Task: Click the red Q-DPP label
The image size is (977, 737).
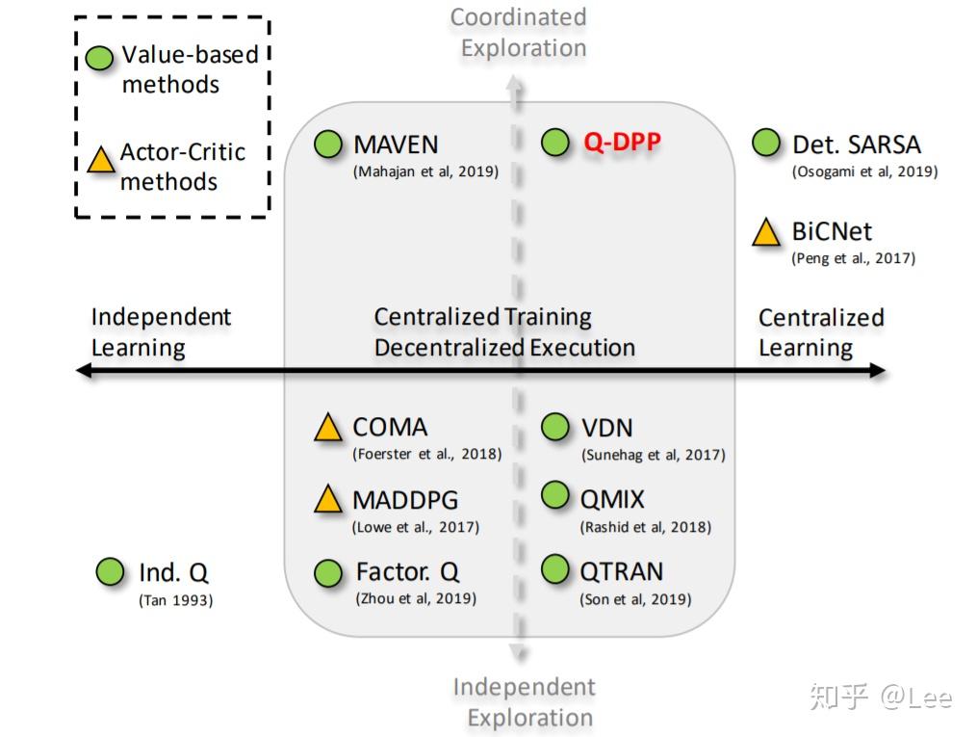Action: pyautogui.click(x=622, y=144)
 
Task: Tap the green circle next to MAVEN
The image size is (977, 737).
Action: pyautogui.click(x=328, y=145)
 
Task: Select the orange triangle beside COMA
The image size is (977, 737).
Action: pyautogui.click(x=328, y=428)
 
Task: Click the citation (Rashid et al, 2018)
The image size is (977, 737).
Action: pyautogui.click(x=645, y=527)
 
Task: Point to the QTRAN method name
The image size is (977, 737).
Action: pyautogui.click(x=621, y=571)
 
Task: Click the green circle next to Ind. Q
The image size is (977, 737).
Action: pyautogui.click(x=111, y=572)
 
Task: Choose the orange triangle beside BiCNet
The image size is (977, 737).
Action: pyautogui.click(x=766, y=233)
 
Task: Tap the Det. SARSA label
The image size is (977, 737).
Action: pyautogui.click(x=856, y=145)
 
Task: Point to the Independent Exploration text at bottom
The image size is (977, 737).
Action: pyautogui.click(x=524, y=702)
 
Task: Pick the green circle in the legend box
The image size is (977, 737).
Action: pyautogui.click(x=100, y=58)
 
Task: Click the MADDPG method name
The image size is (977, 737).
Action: pyautogui.click(x=404, y=500)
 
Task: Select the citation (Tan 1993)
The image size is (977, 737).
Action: pyautogui.click(x=175, y=600)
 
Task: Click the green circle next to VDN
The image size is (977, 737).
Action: pyautogui.click(x=555, y=427)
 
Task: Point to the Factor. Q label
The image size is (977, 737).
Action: pyautogui.click(x=407, y=571)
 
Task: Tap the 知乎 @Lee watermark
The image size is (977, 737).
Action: pyautogui.click(x=880, y=697)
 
